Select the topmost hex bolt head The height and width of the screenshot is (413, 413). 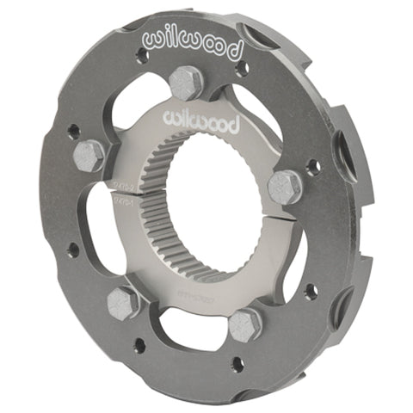point(186,83)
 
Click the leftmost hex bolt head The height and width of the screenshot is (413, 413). point(88,156)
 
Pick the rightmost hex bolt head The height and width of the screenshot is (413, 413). point(285,187)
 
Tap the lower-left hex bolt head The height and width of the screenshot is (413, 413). point(126,302)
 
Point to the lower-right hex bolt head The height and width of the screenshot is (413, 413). point(246,323)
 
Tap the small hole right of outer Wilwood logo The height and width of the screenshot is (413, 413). point(243,66)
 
